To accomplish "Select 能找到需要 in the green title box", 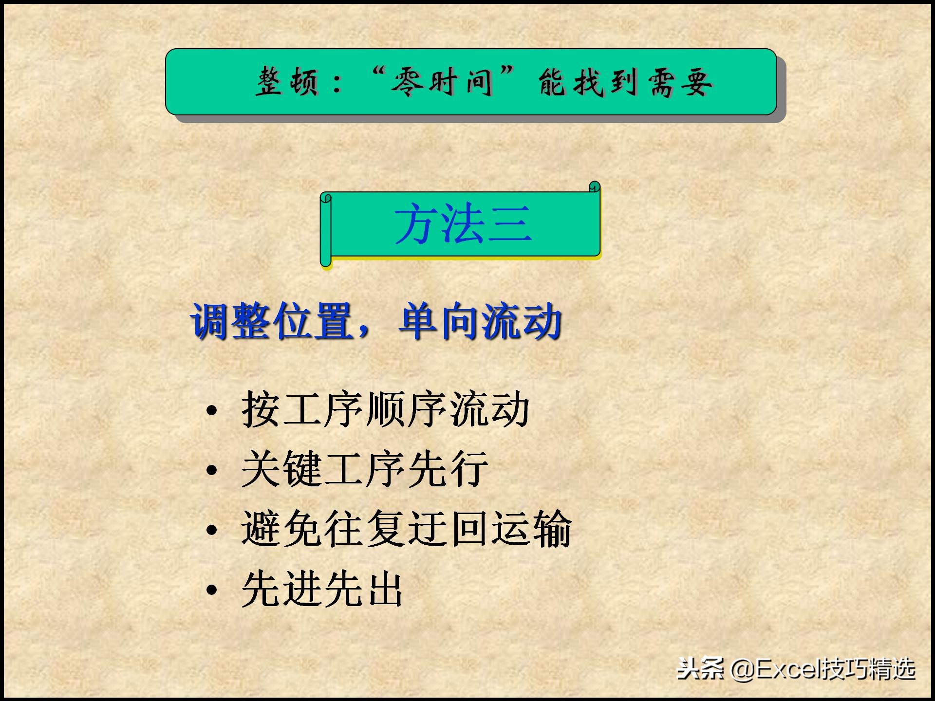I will coord(625,82).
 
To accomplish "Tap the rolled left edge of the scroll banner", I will coord(326,229).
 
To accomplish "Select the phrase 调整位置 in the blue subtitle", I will coord(272,321).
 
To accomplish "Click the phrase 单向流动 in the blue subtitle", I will coord(480,321).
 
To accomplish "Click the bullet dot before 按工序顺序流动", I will coord(211,410).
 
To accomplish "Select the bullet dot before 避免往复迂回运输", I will coord(211,530).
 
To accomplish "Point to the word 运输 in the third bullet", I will coord(531,529).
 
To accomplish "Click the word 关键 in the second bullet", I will coord(281,469).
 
